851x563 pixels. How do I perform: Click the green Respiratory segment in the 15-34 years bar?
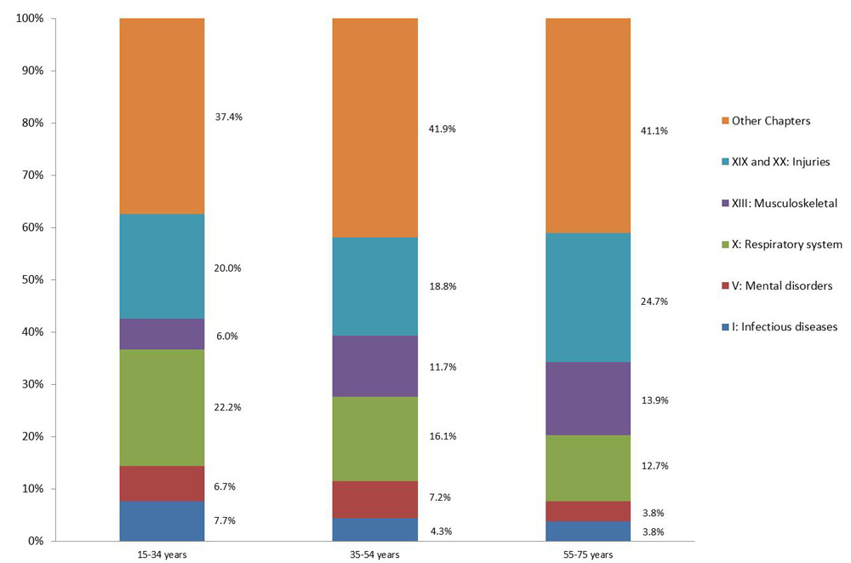[162, 407]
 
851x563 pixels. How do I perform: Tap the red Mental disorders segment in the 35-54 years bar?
[374, 499]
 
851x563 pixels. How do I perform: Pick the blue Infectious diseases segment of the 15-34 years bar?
[162, 520]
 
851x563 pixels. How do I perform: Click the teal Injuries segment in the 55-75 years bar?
[587, 297]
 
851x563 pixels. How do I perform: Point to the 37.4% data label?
[229, 117]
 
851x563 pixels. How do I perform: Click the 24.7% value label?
[654, 301]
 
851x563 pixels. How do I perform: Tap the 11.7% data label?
[443, 367]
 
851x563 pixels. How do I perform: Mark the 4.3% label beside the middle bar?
[442, 531]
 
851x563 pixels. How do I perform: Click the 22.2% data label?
[228, 407]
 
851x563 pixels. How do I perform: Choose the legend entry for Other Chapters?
[771, 121]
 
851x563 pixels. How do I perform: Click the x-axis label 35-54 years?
[374, 554]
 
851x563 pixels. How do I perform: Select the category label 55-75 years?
[587, 554]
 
